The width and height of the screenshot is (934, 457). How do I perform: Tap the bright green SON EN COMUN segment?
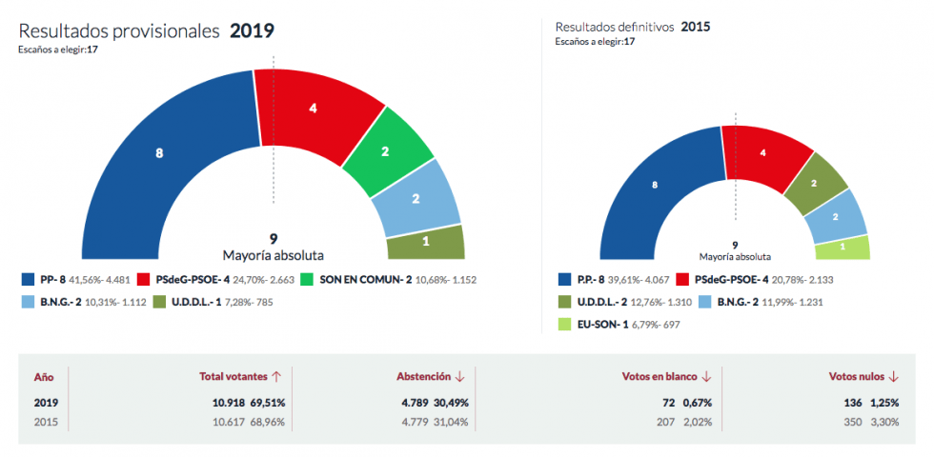click(384, 151)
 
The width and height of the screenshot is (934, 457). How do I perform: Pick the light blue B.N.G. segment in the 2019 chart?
click(416, 199)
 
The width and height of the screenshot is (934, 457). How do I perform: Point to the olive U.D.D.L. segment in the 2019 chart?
click(426, 242)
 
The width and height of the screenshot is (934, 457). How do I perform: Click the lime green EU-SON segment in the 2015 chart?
click(843, 248)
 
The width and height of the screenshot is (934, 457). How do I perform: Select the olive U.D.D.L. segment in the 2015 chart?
click(814, 183)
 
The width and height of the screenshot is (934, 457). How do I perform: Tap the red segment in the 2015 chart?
click(761, 152)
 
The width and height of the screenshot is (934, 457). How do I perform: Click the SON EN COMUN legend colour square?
click(307, 280)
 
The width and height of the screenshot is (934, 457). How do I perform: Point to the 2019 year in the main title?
click(252, 30)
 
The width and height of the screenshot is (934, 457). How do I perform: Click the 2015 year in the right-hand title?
click(695, 27)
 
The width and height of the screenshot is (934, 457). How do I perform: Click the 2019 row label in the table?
click(46, 402)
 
